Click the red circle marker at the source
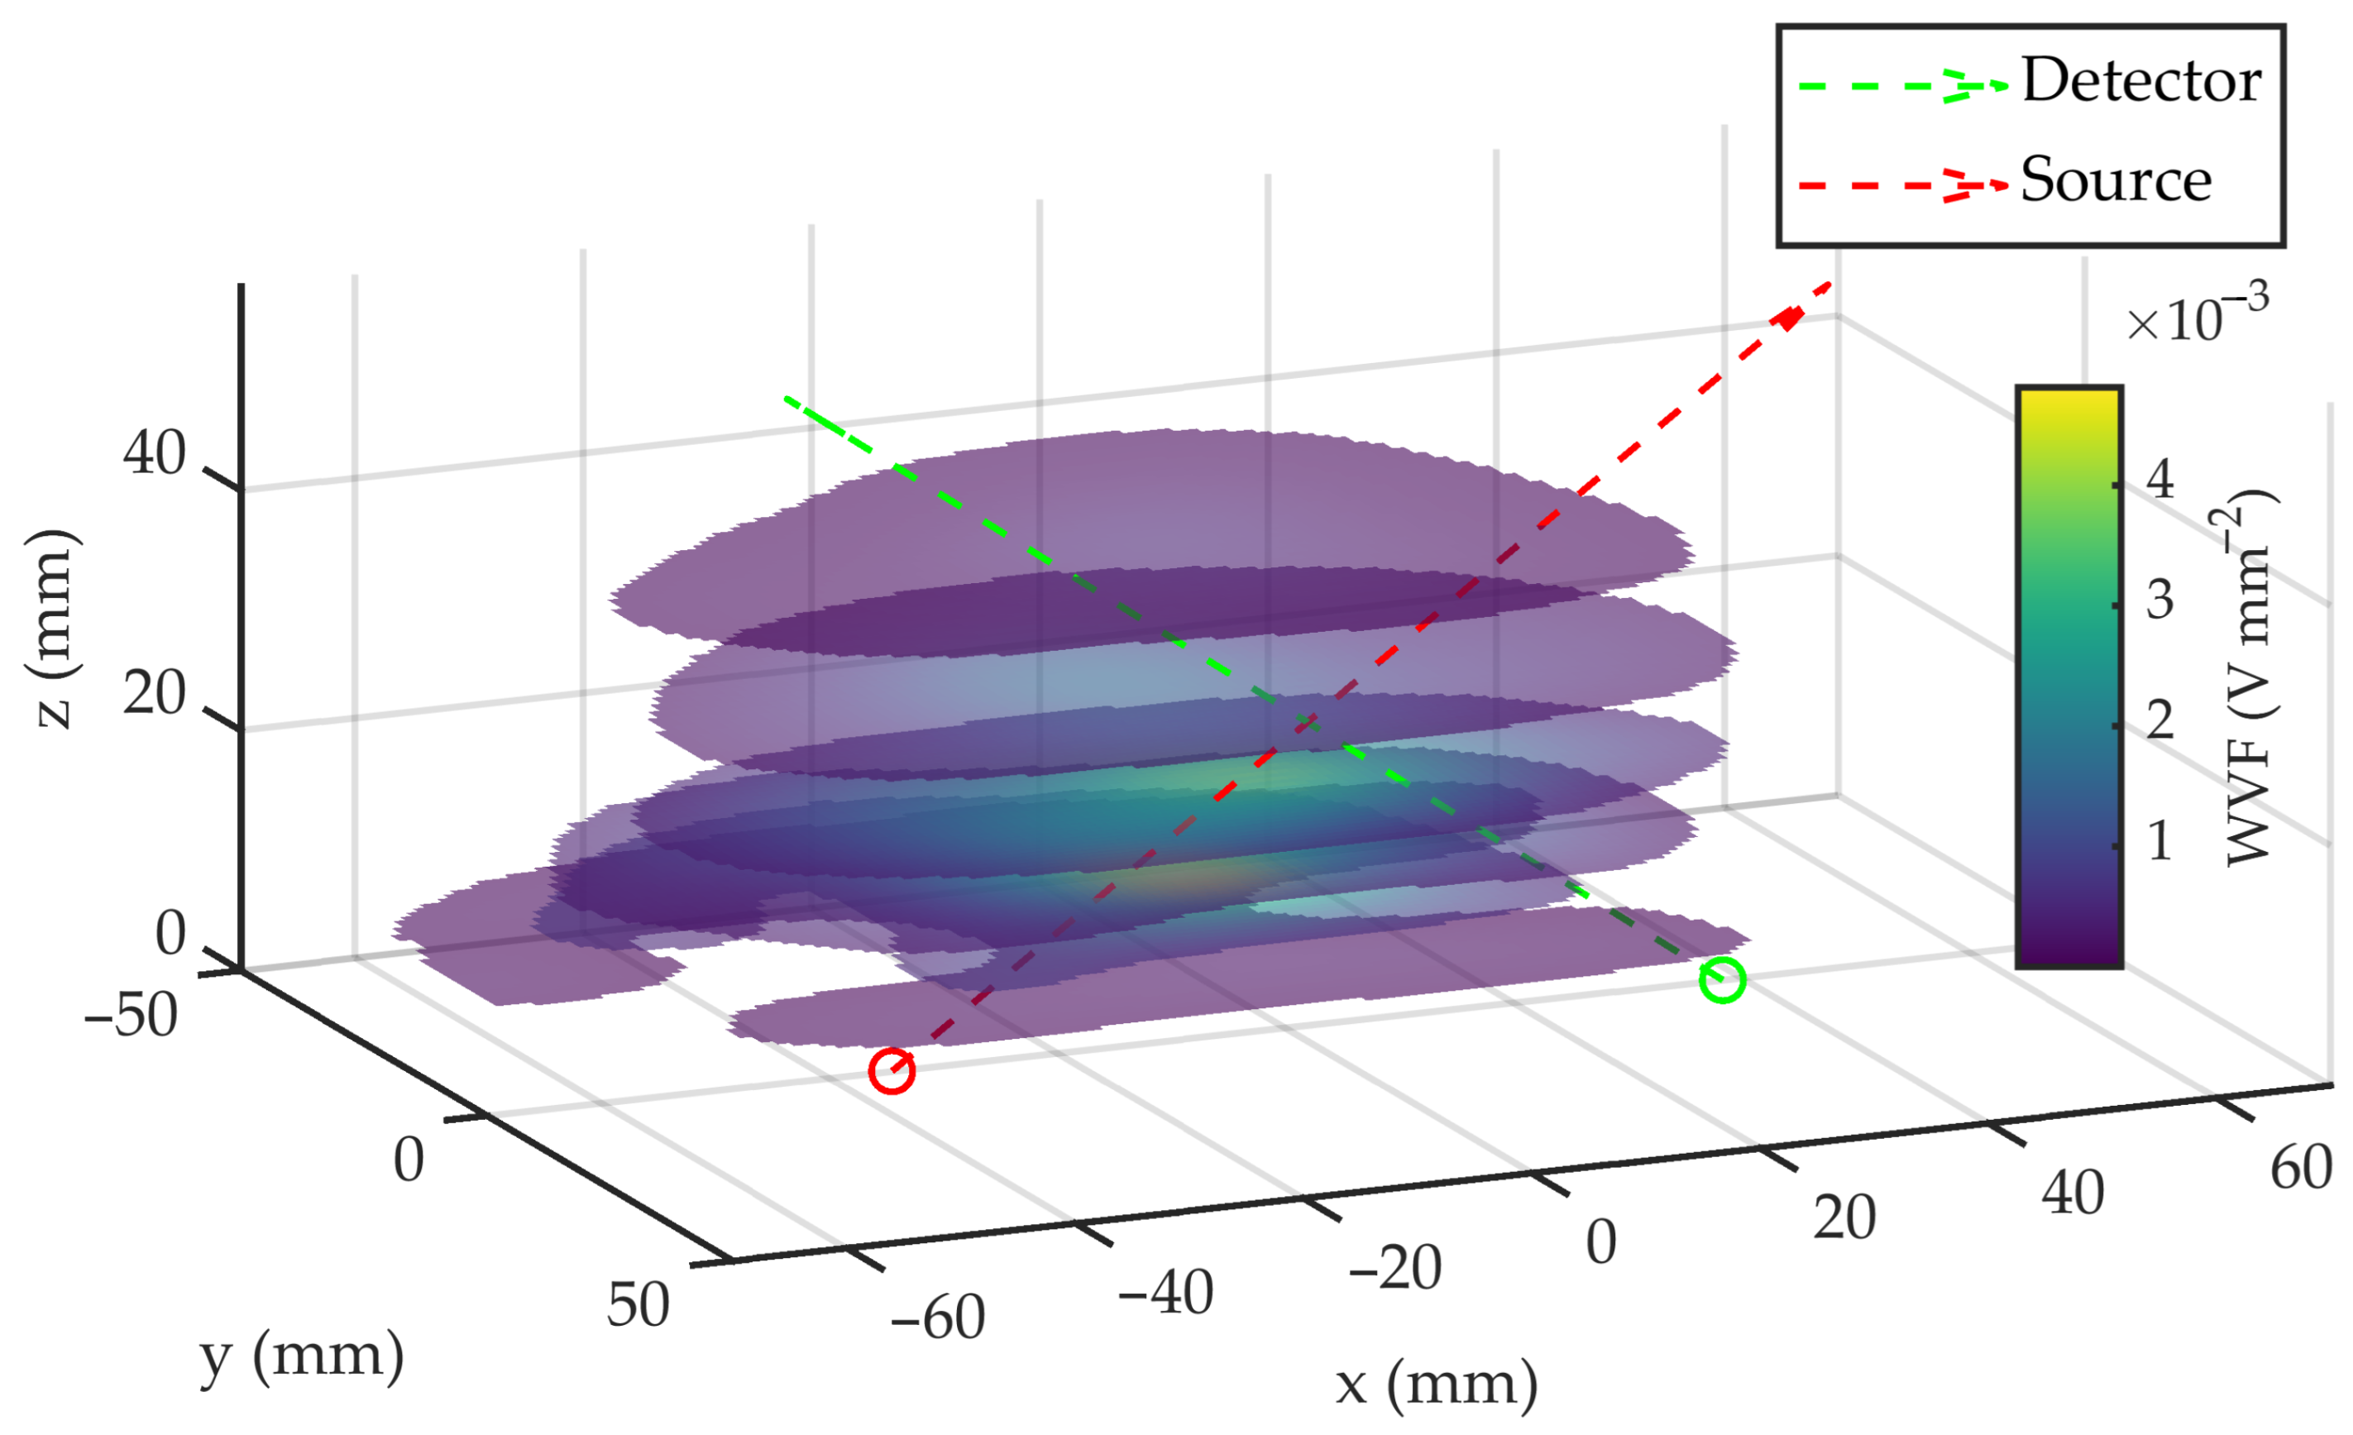tap(891, 1070)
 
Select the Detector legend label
tap(2141, 80)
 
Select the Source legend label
tap(2115, 179)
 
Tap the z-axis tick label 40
tap(154, 452)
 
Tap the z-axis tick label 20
tap(154, 694)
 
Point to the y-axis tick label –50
tap(130, 1015)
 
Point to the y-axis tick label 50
tap(638, 1305)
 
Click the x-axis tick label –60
tap(937, 1318)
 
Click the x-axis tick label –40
tap(1165, 1294)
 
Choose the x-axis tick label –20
tap(1394, 1269)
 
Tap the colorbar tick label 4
tap(2160, 478)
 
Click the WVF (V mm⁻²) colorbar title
tap(2250, 678)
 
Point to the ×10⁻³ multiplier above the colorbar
tap(2197, 317)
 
